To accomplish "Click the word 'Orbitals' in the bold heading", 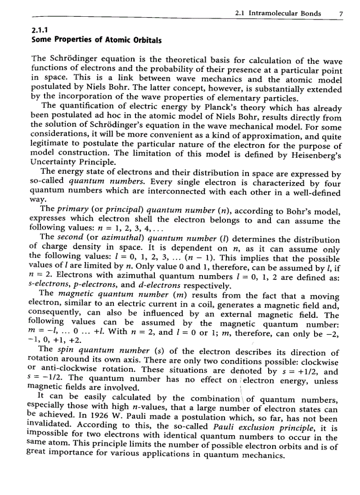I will (145, 41).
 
